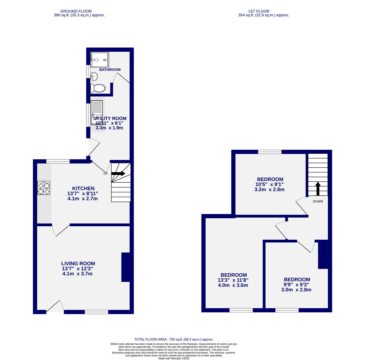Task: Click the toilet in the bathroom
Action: [x=98, y=88]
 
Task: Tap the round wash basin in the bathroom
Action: [x=94, y=77]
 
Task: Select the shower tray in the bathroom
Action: [x=99, y=60]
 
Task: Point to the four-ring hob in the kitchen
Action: [x=44, y=188]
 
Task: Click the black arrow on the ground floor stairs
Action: [x=118, y=173]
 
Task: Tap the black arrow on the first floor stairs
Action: [x=318, y=188]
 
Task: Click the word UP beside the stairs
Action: [x=105, y=174]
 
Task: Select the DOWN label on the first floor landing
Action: [x=318, y=201]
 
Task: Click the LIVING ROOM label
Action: [x=78, y=263]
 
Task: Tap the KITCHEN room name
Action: [x=83, y=188]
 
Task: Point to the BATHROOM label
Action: [x=110, y=70]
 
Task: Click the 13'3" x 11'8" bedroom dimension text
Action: [x=233, y=280]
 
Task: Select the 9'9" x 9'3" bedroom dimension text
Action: [x=296, y=285]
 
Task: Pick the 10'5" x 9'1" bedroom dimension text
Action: [x=269, y=184]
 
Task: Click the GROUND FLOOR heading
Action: [x=76, y=11]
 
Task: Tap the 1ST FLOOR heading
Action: [x=259, y=11]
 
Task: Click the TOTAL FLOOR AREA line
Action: [x=173, y=339]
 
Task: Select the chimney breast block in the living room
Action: [x=125, y=267]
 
